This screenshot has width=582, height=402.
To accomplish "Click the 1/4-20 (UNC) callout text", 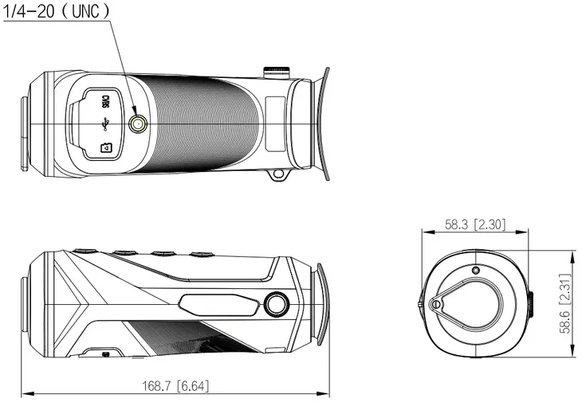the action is pos(57,11).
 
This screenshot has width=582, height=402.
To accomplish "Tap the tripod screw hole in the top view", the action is pos(138,123).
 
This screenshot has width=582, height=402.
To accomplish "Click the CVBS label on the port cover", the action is pos(105,101).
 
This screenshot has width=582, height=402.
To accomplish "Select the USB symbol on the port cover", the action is pos(105,124).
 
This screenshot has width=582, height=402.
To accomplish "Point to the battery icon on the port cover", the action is pos(107,147).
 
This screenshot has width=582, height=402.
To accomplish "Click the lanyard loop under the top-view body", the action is pos(277,174).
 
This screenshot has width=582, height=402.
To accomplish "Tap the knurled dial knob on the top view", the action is pos(276,72).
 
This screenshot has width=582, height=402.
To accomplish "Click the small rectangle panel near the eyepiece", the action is pos(275,123).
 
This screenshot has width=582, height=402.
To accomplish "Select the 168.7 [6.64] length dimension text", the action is pos(175,386).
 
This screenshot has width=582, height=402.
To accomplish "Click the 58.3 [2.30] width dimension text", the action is pos(475,224).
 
